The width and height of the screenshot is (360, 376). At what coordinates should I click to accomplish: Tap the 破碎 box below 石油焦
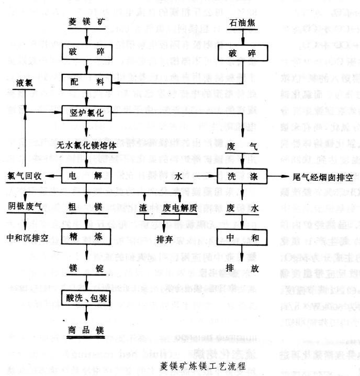(242, 53)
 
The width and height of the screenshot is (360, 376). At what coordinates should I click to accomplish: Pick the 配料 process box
(86, 82)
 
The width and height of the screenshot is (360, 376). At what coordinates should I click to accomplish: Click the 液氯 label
(26, 83)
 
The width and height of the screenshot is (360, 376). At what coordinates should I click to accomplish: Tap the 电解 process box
(86, 176)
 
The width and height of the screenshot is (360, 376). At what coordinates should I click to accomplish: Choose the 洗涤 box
(242, 176)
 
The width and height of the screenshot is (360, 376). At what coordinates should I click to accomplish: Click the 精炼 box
(86, 236)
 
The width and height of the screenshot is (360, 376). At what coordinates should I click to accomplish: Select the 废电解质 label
(179, 207)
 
